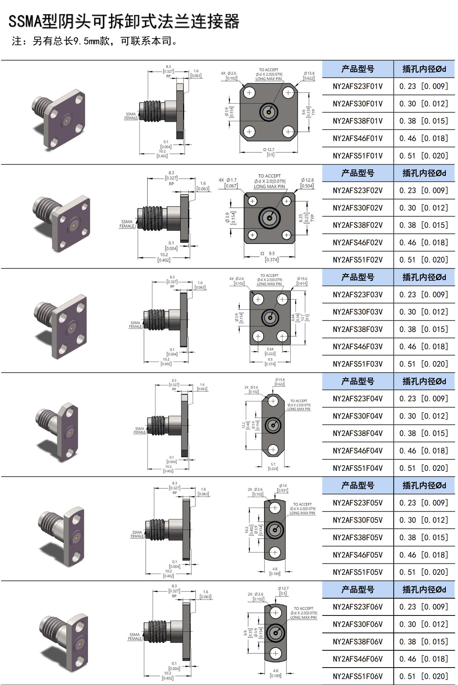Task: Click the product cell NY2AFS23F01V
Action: [x=357, y=86]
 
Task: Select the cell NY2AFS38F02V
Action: [x=357, y=225]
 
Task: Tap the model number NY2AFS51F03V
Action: [x=357, y=364]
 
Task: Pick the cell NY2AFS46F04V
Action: [x=357, y=451]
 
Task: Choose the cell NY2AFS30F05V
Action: [x=357, y=520]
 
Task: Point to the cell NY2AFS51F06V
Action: [x=357, y=676]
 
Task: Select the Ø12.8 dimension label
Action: [x=307, y=183]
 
